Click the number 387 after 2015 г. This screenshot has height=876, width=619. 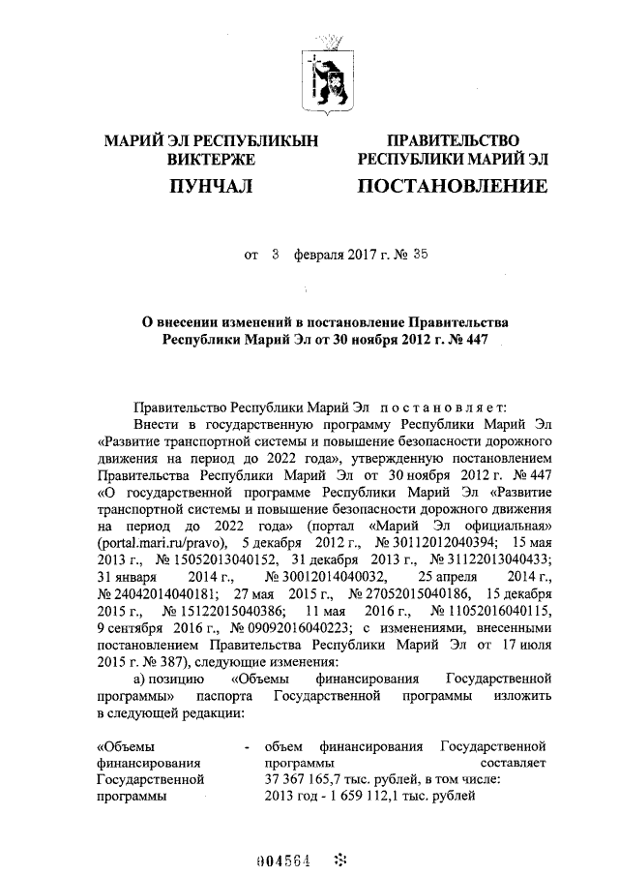tap(158, 663)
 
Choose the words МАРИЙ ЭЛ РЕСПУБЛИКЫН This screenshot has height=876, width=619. tap(210, 141)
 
